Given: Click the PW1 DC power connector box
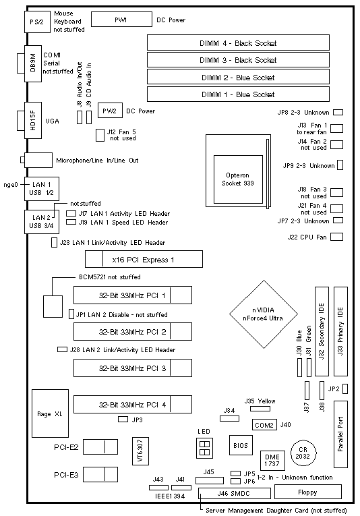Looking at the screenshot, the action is coord(121,20).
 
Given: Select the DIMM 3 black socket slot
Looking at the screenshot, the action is coord(238,60).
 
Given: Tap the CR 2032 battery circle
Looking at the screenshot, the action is coord(303,453).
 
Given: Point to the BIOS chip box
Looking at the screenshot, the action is coord(241,445).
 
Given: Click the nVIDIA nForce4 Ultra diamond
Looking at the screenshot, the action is coord(264,314).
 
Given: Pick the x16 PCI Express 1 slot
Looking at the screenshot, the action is coord(144,259).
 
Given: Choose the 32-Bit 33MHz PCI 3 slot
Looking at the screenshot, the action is coord(133,368).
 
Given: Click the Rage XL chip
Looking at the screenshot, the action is coord(50,413).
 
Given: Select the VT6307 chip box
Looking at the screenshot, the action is coord(140,451).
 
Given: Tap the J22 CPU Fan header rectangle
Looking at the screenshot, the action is coord(336,237).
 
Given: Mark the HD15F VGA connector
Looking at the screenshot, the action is coord(32,121).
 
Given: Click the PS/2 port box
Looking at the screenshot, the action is coord(36,22).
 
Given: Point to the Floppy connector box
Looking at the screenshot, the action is coord(307,492).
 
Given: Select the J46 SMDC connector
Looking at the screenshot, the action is coord(235,493).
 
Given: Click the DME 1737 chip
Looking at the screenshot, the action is coord(272,461).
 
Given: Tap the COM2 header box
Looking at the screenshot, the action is coord(264,425).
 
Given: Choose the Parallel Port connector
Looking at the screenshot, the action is coord(340,434).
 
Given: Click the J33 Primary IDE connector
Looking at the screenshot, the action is coord(340,331).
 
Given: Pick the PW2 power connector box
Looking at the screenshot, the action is coord(110,111).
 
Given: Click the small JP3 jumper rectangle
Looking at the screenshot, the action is coord(123,420).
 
